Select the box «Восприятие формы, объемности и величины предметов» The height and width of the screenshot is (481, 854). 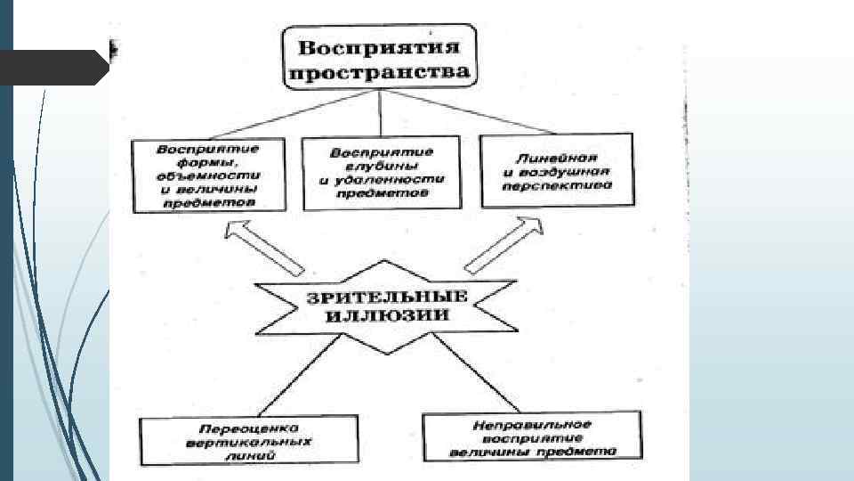(211, 175)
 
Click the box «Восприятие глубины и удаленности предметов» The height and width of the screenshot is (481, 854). (381, 172)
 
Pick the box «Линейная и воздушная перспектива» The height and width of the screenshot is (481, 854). (556, 168)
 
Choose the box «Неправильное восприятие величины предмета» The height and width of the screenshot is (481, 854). (533, 436)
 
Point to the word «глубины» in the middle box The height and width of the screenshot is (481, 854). (381, 165)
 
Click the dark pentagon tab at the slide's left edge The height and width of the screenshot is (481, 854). (53, 66)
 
